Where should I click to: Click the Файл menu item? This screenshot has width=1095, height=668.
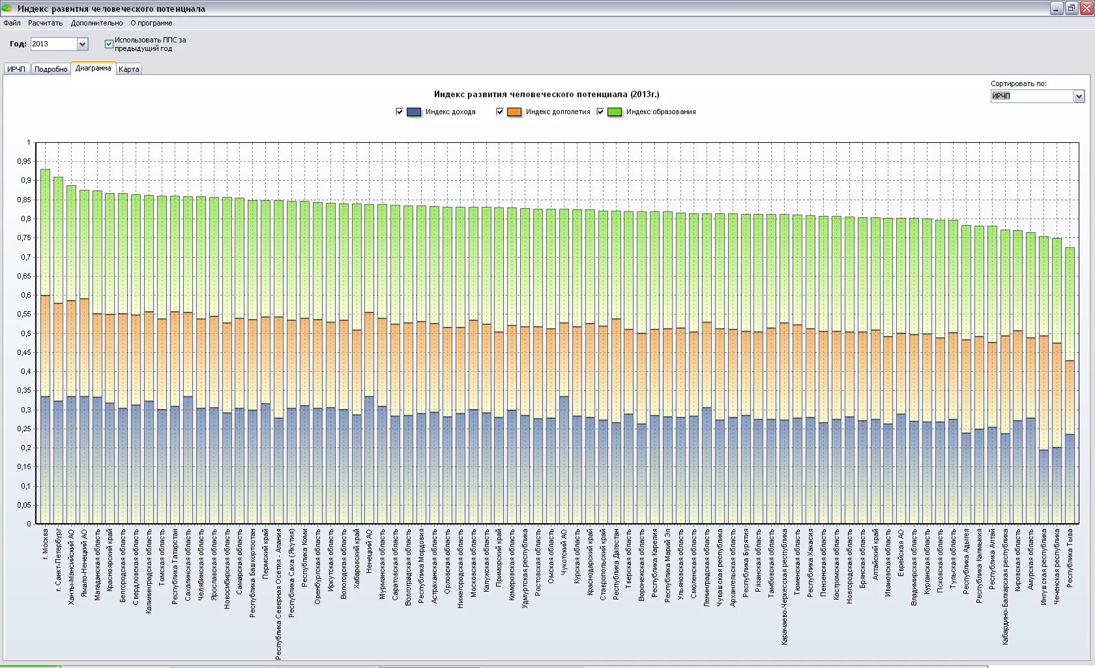tap(12, 23)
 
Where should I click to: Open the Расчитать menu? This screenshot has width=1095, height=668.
tap(45, 23)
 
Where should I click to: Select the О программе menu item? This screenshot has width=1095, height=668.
tap(151, 23)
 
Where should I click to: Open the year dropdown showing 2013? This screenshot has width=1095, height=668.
tap(82, 44)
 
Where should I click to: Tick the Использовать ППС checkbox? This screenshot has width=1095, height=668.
tap(109, 44)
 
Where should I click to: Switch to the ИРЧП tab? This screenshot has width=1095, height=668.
tap(16, 69)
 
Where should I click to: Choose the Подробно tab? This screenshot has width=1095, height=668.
tap(51, 69)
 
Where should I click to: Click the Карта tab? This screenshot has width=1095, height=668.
tap(129, 69)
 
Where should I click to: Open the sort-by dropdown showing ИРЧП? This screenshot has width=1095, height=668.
tap(1079, 97)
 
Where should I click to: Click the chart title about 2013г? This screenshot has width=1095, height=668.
tap(546, 95)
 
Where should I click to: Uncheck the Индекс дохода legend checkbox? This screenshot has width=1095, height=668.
tap(400, 112)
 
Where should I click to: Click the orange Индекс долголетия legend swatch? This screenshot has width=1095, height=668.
tap(514, 112)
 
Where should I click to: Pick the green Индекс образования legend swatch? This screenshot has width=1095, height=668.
tap(614, 112)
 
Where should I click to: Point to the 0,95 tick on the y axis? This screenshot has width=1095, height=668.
tap(24, 161)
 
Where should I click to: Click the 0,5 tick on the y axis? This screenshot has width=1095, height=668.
tap(25, 333)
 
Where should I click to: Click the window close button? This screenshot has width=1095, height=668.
tap(1085, 8)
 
